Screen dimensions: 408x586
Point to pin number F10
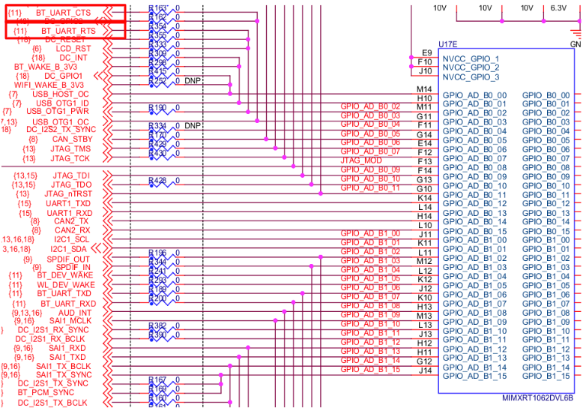[425, 62]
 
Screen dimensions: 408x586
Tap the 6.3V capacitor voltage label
[558, 7]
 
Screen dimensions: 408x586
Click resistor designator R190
[158, 108]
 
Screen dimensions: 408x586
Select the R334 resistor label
[157, 125]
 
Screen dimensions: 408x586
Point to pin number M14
[425, 89]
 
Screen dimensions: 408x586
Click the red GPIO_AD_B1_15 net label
[370, 369]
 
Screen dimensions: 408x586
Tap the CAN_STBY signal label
[72, 139]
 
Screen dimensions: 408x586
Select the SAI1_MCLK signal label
[70, 321]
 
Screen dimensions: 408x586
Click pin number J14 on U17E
[425, 370]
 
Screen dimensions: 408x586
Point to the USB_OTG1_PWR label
[58, 112]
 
